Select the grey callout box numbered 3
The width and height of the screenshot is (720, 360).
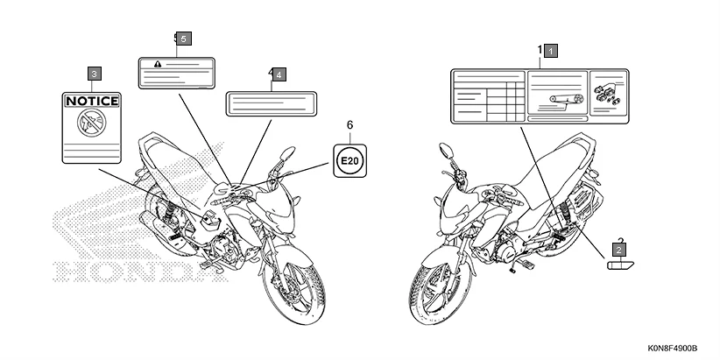point(95,74)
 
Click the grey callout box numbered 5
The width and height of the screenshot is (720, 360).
point(183,39)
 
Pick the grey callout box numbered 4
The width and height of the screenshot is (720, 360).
point(278,75)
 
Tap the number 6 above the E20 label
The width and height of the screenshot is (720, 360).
point(349,126)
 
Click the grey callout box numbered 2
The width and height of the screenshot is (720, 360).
point(619,250)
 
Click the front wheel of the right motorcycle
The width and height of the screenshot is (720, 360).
point(435,280)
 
